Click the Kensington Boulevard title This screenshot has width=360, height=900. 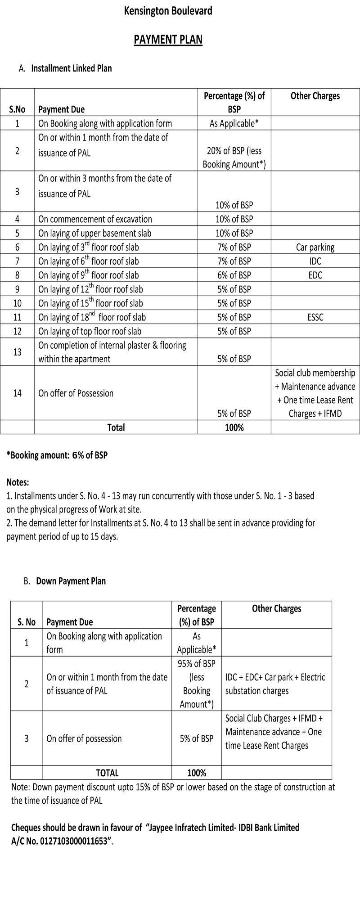coord(168,11)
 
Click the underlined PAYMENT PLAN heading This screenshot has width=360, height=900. coord(168,40)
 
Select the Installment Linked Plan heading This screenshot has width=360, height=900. coord(71,68)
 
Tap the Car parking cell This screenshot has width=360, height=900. coord(315,247)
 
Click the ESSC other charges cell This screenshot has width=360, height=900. coord(315,317)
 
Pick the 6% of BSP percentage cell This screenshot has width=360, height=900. coord(234,275)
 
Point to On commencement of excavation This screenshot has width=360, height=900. coord(95,219)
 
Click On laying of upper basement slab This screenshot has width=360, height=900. coord(94,233)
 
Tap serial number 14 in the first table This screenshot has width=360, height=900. coord(17,393)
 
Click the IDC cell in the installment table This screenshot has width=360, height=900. coord(315,261)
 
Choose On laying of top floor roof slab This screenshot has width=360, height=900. coord(90,331)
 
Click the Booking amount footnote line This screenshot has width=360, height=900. coord(57,455)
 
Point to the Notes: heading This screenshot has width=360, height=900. coord(18,482)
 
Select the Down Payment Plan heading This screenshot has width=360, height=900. coord(71,581)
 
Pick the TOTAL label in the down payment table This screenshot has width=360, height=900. coord(107,773)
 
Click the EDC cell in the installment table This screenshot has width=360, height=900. coord(315,275)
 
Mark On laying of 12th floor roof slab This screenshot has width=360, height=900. coord(90,289)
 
